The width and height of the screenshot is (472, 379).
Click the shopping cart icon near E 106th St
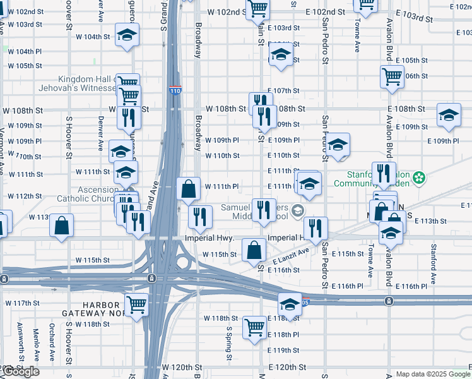pos(392,76)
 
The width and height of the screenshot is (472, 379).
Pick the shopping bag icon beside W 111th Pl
pos(189,188)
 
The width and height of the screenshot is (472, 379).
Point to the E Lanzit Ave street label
pos(291,256)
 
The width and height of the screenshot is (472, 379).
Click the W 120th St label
pos(181,367)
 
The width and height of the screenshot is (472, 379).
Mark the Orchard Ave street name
pos(69,341)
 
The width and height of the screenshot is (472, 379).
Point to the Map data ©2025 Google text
pos(432,374)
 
